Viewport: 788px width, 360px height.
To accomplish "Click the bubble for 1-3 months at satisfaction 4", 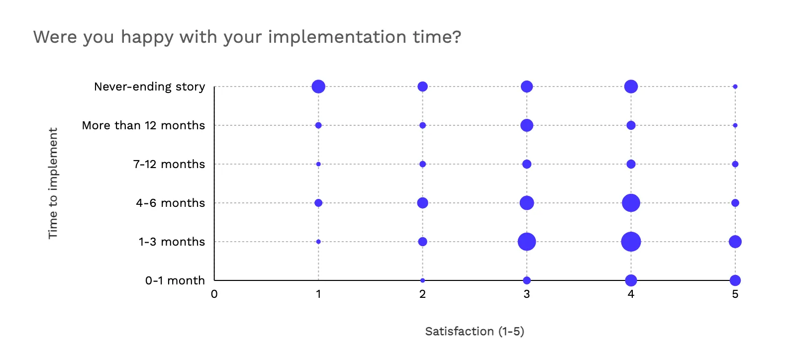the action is click(x=631, y=242).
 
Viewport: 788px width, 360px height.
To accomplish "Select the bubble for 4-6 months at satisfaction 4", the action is click(x=631, y=203).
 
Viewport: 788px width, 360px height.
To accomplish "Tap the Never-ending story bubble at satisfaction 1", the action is click(x=318, y=87).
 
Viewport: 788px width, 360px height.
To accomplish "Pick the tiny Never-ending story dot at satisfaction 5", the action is click(x=735, y=87).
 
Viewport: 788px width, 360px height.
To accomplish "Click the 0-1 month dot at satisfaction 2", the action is click(x=422, y=280).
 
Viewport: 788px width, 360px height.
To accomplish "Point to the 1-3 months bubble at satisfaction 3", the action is click(x=527, y=242).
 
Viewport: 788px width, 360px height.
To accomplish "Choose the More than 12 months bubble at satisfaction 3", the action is click(x=527, y=125).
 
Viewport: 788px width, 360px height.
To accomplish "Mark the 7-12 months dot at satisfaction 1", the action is click(x=318, y=164).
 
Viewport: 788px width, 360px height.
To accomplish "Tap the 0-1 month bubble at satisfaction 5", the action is click(x=735, y=280).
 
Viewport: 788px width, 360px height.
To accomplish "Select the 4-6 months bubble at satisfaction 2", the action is click(x=422, y=203).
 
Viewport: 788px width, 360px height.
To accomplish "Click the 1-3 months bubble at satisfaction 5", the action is click(x=735, y=242).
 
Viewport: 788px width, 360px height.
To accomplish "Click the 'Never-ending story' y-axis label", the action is click(x=150, y=87).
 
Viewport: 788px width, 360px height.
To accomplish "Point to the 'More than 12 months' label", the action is click(x=144, y=125).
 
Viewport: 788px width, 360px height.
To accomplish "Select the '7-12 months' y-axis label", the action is click(x=169, y=164).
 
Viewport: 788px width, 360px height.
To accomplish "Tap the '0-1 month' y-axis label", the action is click(x=175, y=280).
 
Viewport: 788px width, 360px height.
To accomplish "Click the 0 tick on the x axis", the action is click(x=214, y=294).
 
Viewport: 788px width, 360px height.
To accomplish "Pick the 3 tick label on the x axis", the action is click(x=527, y=294).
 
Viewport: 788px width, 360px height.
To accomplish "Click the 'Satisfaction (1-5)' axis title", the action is click(x=475, y=331).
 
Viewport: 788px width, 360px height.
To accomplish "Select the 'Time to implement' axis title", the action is click(x=53, y=183).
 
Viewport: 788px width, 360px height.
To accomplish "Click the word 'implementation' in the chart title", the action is click(x=337, y=37).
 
